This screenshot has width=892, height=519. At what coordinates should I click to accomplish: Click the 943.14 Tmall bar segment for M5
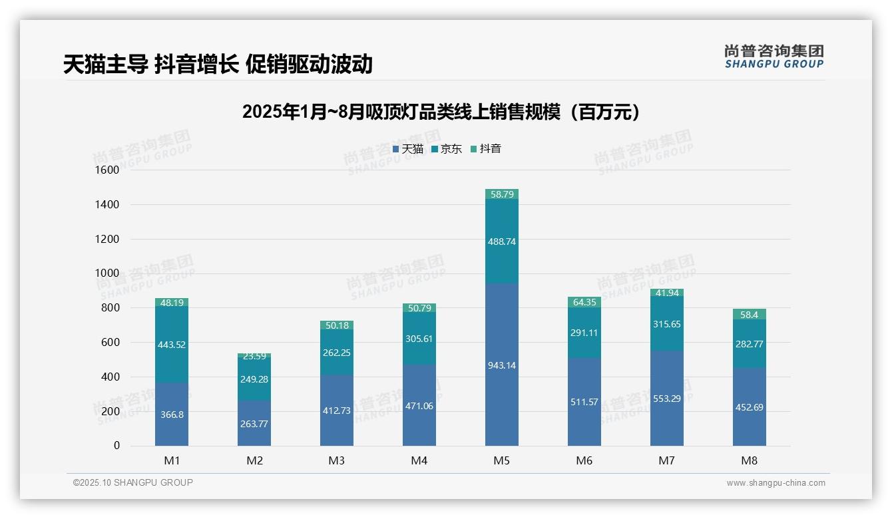click(x=502, y=365)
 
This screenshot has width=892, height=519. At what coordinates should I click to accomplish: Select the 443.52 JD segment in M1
click(x=172, y=345)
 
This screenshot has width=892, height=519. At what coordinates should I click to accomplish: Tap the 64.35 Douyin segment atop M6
click(x=584, y=303)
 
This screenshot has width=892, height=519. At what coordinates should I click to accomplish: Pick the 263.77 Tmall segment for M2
click(x=254, y=423)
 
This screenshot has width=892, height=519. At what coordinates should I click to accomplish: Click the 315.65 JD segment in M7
click(x=667, y=324)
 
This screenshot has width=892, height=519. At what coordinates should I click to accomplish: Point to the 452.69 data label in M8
click(x=750, y=407)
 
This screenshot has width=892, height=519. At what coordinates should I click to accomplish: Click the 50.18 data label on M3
click(x=337, y=325)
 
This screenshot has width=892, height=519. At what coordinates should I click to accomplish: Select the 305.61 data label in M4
click(x=419, y=339)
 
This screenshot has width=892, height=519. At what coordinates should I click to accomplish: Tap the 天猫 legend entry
click(x=408, y=149)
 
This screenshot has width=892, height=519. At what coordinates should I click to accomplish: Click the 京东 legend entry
click(x=447, y=149)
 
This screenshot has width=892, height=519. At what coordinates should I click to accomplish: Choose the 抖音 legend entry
click(x=486, y=149)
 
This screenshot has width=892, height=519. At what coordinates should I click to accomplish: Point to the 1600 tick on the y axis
click(x=107, y=170)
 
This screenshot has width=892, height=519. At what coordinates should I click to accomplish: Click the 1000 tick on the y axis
click(x=107, y=273)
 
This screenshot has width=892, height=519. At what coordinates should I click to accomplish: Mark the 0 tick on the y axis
click(x=116, y=446)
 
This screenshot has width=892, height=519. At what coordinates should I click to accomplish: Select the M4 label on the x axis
click(x=419, y=460)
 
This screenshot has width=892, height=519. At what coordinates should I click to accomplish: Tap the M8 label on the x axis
click(x=750, y=460)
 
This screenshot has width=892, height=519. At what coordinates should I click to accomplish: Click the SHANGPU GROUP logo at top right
click(x=774, y=57)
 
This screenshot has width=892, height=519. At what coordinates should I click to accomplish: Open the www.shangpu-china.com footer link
click(x=776, y=483)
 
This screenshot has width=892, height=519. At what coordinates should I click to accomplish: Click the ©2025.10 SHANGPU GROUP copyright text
click(x=133, y=483)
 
